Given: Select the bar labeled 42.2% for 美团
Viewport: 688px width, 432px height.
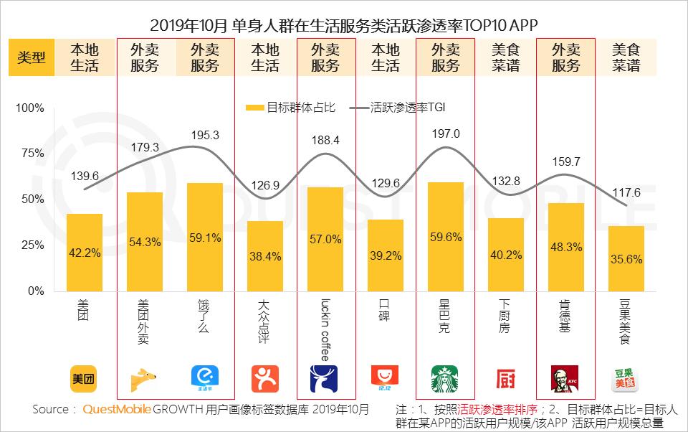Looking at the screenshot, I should coord(84,252).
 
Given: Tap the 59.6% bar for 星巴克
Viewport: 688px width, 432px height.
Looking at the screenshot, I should coord(445,236).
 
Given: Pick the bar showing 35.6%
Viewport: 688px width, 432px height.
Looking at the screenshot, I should coord(626,258).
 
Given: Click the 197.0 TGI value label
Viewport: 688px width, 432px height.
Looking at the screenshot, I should coord(446,133).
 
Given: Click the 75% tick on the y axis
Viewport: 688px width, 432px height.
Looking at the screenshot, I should coord(33,154).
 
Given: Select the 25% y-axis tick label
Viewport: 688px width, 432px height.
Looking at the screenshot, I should coord(33,245).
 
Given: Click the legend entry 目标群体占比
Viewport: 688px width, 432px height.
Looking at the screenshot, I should coord(290,108).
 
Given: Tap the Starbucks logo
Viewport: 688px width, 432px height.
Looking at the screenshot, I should coord(444,379).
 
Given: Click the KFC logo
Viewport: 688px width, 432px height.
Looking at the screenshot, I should coord(565,379).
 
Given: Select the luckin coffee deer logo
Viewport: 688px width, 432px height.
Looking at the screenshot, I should coord(324,379).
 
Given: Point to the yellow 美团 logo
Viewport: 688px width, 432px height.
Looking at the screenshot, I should coord(84,378).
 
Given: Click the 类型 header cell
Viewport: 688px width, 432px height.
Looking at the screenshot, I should coord(32,58).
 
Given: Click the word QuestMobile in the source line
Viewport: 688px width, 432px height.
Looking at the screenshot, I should coord(117,410).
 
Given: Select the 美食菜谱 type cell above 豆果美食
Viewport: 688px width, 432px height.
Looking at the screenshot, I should coord(626,58).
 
